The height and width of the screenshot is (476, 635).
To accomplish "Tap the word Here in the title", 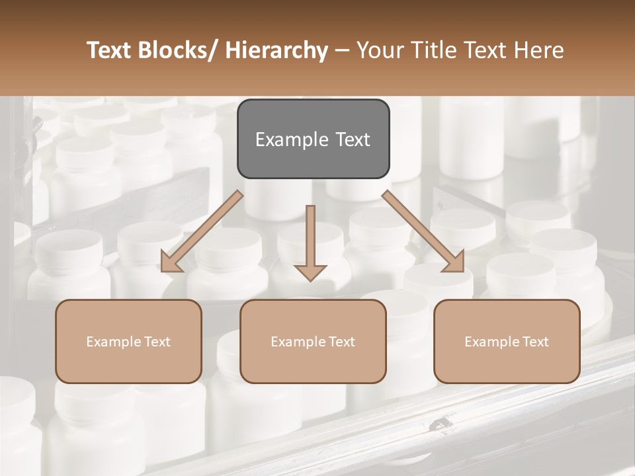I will [x=539, y=51].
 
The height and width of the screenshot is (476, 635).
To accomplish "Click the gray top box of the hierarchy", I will [x=313, y=139].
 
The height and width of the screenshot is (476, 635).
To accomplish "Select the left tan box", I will [x=128, y=341].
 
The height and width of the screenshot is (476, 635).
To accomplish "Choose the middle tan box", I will [x=313, y=341].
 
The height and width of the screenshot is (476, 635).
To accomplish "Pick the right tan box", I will [x=507, y=341].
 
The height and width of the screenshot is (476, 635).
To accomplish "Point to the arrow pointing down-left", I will [x=202, y=231].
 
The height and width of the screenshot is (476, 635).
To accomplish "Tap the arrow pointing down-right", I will [x=423, y=231].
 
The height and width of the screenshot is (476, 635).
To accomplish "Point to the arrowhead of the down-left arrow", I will [x=171, y=262].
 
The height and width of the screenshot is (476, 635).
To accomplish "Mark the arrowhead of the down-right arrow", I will [x=454, y=262].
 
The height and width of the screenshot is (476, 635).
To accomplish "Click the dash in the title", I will [x=342, y=51].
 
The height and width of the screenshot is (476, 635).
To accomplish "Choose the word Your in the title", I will [x=376, y=51].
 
